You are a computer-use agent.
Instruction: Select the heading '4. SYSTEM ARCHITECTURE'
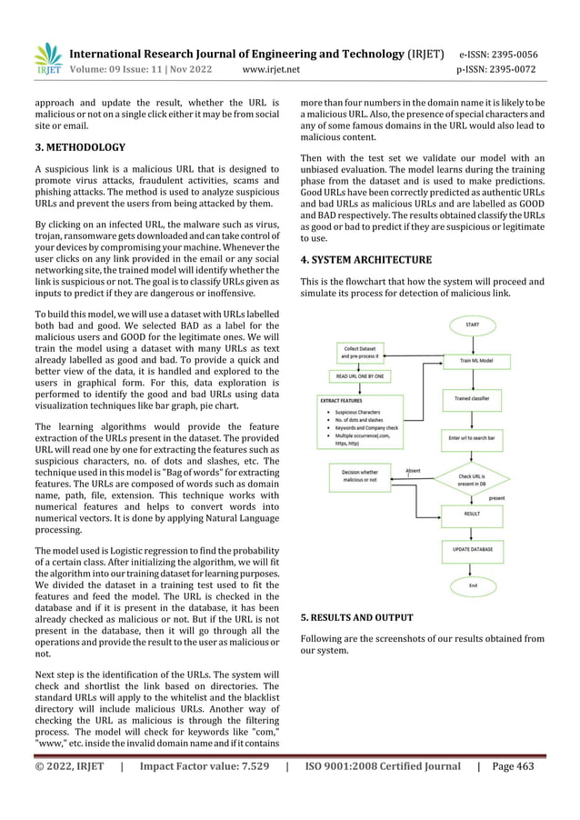[358, 259]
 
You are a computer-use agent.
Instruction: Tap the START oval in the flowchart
[473, 324]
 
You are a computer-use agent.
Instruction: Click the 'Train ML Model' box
[473, 361]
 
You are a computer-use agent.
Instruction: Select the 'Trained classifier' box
[473, 398]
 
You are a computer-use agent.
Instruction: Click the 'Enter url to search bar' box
[473, 437]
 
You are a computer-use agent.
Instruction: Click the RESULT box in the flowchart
[473, 513]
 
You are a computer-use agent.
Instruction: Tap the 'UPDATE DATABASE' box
[473, 550]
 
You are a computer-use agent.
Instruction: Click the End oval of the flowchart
[473, 586]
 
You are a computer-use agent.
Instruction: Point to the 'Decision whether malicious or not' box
[361, 476]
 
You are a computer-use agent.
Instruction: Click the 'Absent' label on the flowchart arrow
[413, 470]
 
